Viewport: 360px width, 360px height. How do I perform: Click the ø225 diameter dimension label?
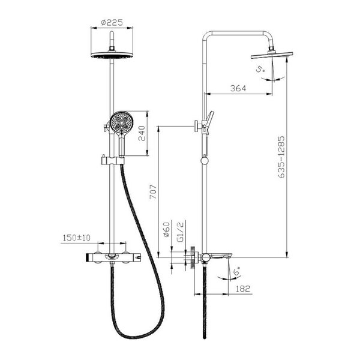tap(112, 22)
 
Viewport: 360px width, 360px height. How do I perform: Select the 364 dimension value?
tap(238, 88)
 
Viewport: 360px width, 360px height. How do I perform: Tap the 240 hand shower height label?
tap(142, 133)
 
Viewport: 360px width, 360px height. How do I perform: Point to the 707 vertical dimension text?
tap(153, 192)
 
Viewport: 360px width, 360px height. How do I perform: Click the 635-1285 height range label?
tap(281, 157)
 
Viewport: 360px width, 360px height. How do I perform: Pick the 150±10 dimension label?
tap(77, 238)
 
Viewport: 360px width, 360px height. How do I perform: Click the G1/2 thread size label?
tap(181, 232)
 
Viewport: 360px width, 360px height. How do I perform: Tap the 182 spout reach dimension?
tap(242, 289)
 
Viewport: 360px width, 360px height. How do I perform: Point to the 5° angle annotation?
tap(260, 69)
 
